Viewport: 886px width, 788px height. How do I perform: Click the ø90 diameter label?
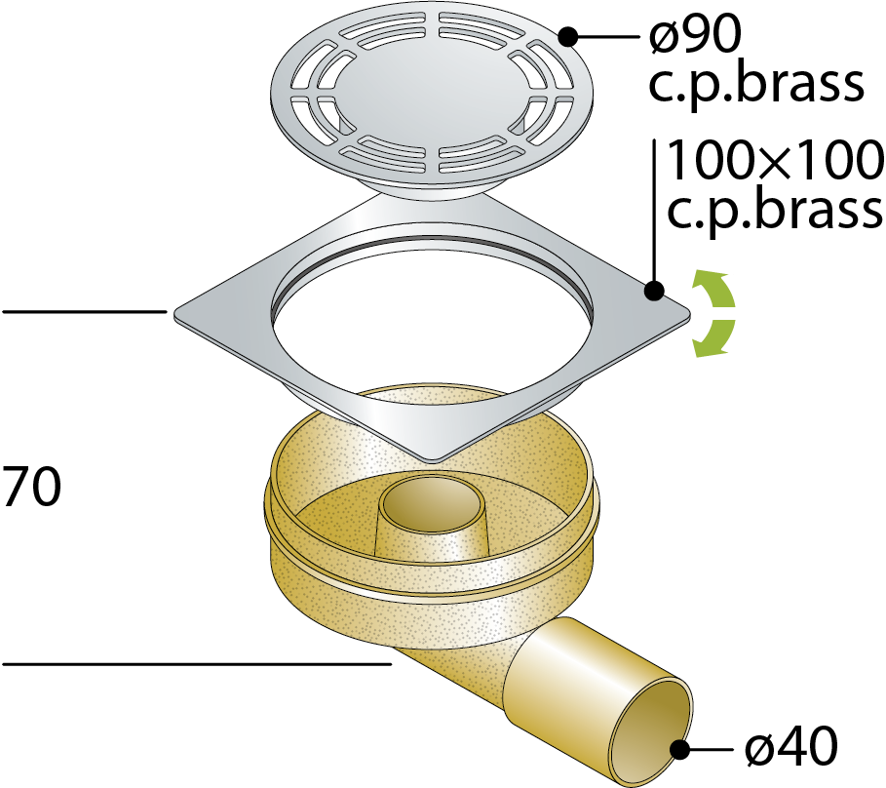tap(694, 36)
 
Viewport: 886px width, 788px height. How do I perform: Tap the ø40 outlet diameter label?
tap(791, 746)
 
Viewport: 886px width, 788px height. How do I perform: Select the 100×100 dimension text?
tap(775, 160)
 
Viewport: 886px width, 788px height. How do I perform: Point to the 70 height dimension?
tap(31, 487)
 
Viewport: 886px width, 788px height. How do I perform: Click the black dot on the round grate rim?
tap(568, 37)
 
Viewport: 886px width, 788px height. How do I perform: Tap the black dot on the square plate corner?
tap(654, 292)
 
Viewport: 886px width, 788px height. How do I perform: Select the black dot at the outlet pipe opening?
tap(679, 750)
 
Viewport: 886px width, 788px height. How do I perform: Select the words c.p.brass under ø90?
tap(755, 86)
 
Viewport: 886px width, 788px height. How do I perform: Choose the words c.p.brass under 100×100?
tap(775, 210)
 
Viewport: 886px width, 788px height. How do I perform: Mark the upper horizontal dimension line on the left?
tap(85, 311)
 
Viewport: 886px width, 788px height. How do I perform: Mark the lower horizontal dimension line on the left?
tap(197, 663)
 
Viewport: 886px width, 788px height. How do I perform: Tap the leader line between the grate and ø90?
tap(608, 37)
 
